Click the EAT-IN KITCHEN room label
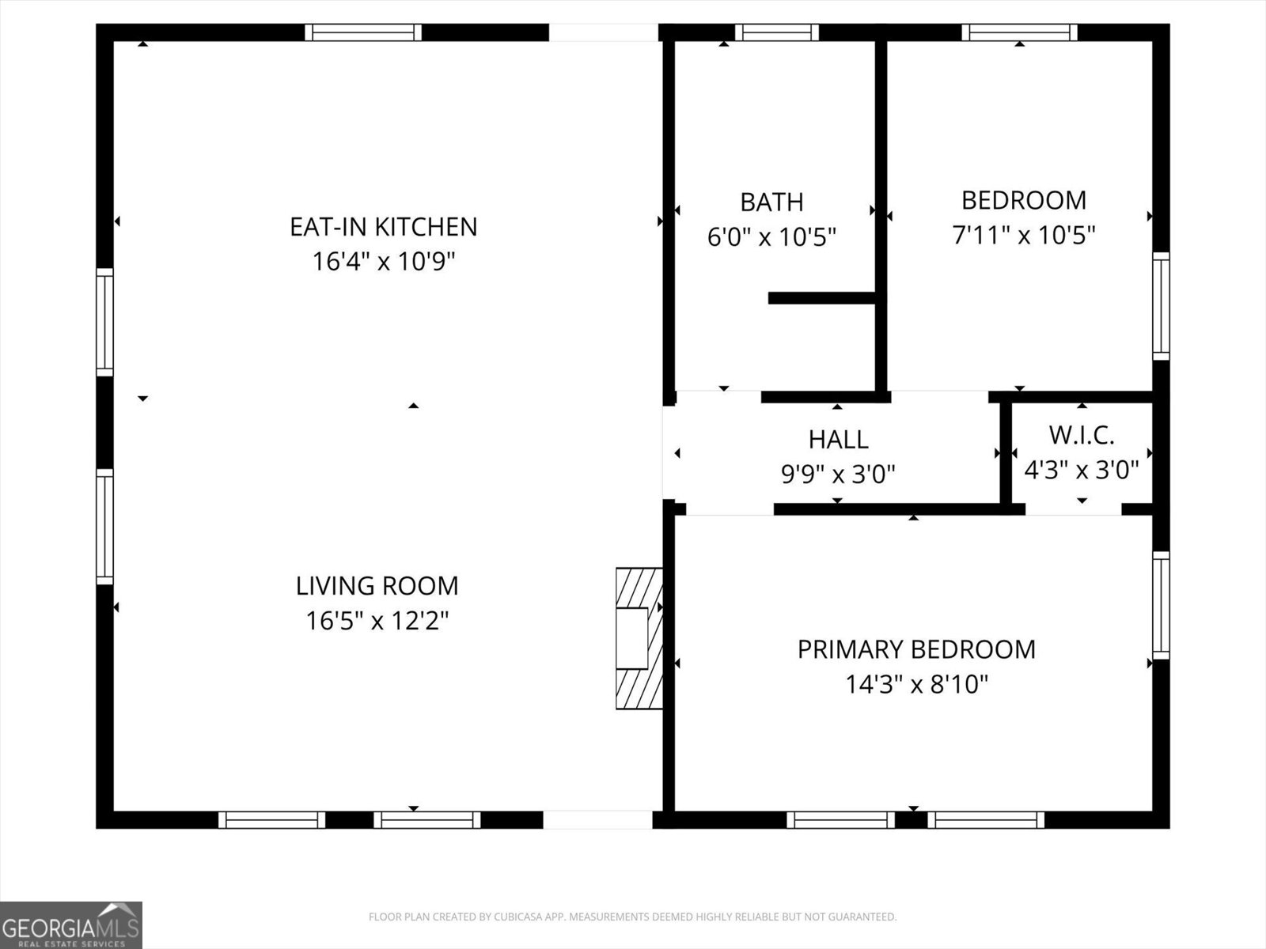click(383, 227)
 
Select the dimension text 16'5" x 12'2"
click(377, 621)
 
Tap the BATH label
click(771, 202)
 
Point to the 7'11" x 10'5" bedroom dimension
click(1023, 236)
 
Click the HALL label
click(838, 439)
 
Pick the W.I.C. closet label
click(1081, 435)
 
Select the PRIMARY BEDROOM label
click(915, 649)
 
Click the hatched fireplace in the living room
click(638, 637)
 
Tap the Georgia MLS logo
click(71, 925)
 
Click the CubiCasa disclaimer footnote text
click(632, 917)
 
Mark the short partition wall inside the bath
click(821, 298)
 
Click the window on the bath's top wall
click(776, 32)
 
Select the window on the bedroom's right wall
click(1161, 306)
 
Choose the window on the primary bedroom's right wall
click(1161, 605)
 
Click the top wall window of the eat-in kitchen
click(363, 32)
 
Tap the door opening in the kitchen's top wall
click(604, 32)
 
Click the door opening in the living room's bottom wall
click(598, 819)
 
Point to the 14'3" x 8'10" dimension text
click(916, 684)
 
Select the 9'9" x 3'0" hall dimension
click(838, 475)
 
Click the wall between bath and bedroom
click(880, 214)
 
